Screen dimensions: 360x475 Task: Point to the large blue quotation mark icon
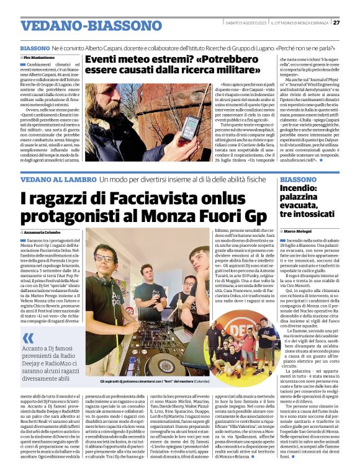[x=28, y=337]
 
